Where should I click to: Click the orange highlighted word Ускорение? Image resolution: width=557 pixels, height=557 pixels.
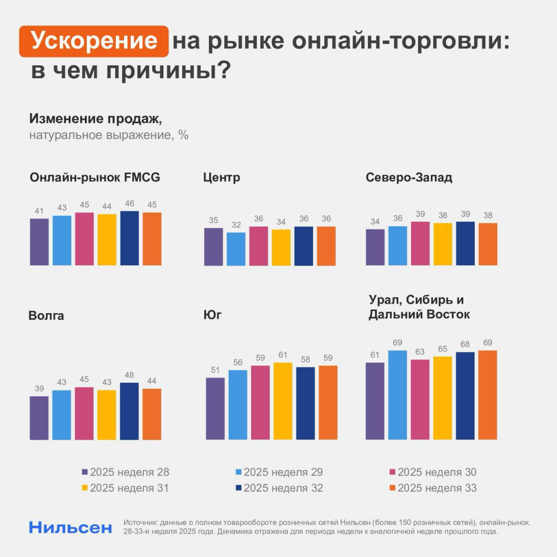tap(94, 41)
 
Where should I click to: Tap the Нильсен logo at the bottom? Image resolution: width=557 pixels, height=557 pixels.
tap(71, 527)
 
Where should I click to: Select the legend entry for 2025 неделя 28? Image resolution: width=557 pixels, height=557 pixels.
tap(125, 472)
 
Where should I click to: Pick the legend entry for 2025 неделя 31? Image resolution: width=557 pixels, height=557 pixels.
tap(125, 488)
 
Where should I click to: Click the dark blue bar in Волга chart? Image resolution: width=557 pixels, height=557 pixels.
tap(129, 411)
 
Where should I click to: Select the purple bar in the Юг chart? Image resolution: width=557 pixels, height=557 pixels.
tap(215, 408)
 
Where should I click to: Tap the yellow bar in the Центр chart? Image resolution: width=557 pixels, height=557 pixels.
tap(281, 247)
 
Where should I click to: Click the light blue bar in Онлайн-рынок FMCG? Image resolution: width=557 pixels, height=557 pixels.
tap(61, 240)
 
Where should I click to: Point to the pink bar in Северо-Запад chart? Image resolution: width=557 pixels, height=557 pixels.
tap(420, 244)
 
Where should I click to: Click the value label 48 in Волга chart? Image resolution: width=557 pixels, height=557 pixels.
tap(129, 375)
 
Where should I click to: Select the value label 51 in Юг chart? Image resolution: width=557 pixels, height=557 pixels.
tap(215, 370)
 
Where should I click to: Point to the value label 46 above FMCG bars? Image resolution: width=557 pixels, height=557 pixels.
tap(129, 203)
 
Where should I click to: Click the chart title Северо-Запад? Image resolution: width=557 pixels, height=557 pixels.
tap(409, 178)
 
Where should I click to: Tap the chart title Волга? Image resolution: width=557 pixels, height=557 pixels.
tap(46, 315)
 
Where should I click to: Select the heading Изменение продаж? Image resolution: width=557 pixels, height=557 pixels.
tap(96, 118)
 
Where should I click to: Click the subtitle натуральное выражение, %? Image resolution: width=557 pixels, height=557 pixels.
tap(109, 135)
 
